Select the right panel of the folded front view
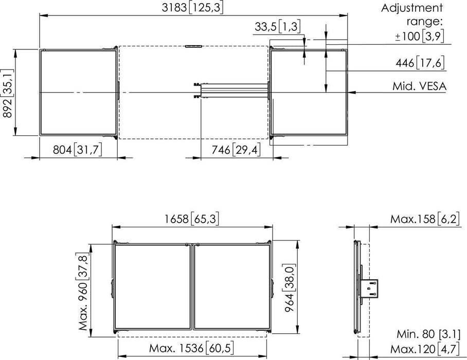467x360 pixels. [231, 286]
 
